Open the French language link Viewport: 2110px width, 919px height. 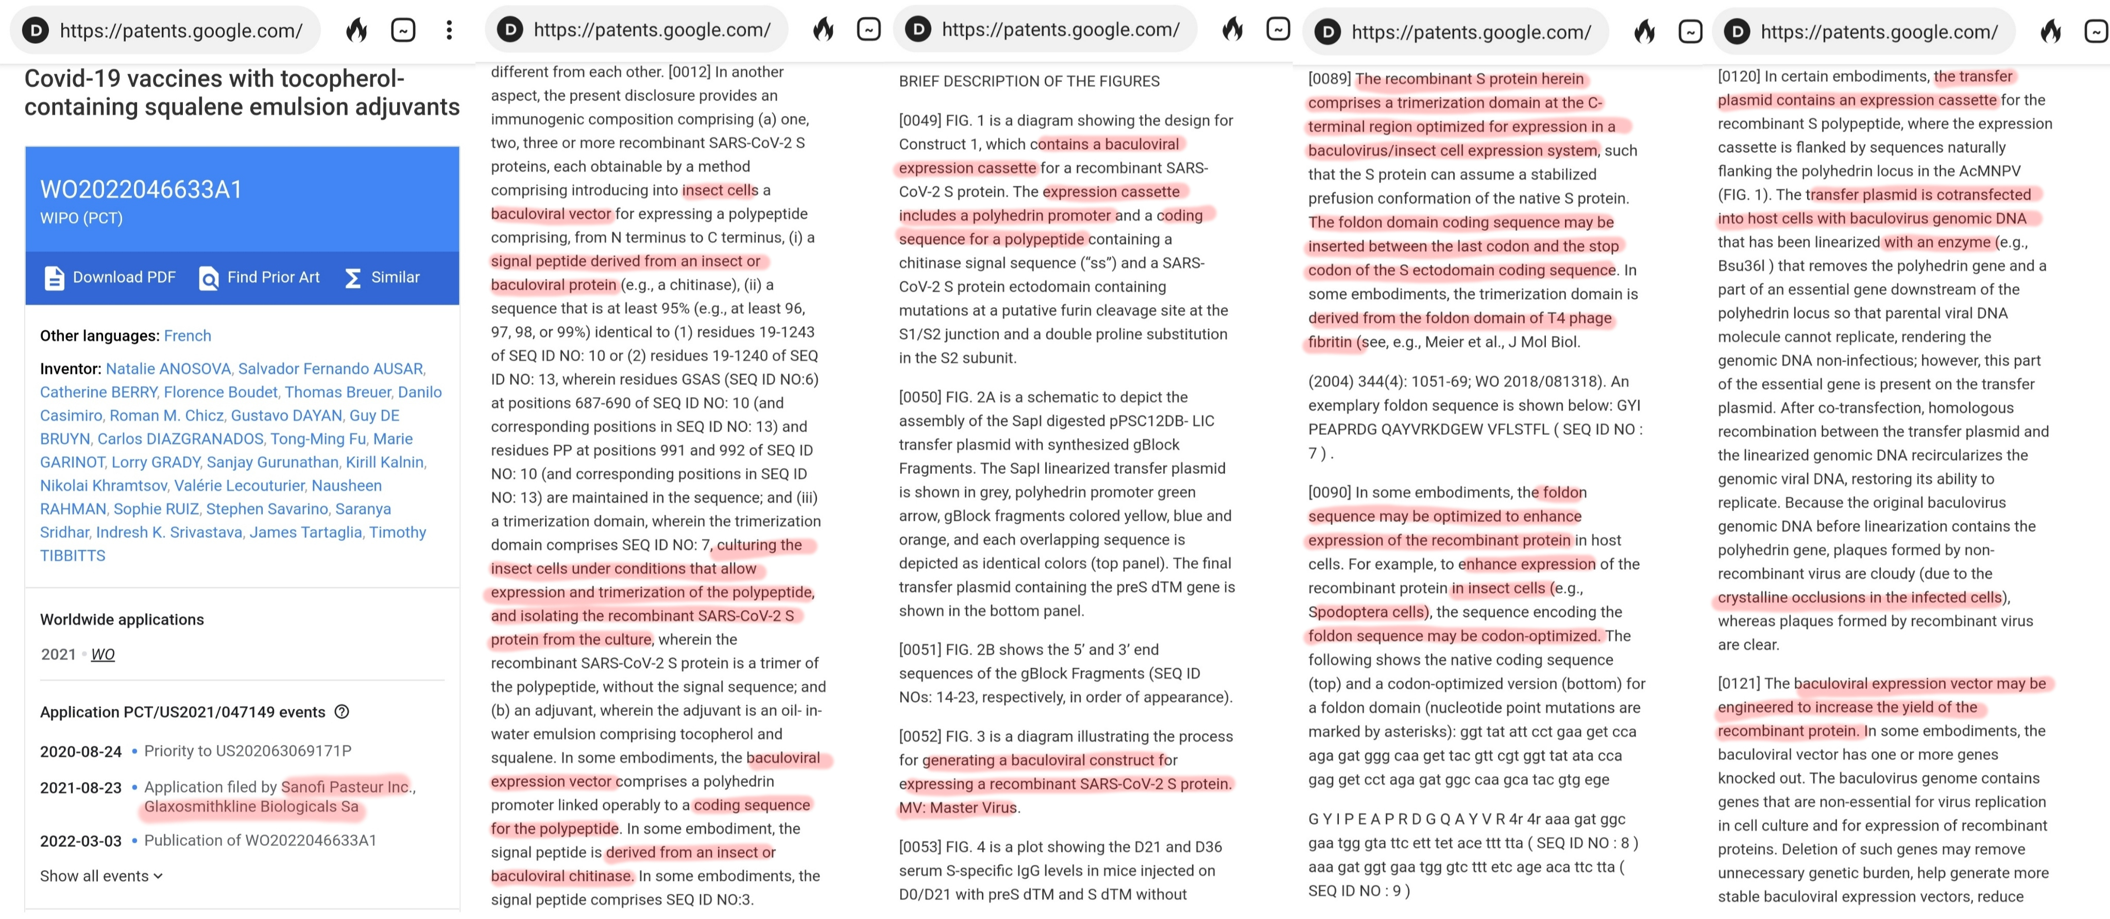click(187, 336)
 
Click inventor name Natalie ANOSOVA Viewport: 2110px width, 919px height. click(168, 369)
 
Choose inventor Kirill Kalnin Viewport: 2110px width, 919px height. click(384, 462)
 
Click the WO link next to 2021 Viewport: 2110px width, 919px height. click(103, 654)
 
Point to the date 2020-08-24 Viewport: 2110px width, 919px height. click(80, 751)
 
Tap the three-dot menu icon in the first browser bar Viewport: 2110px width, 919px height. click(449, 30)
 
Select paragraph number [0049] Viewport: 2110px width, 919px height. click(919, 121)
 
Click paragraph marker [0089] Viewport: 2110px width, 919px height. click(1329, 79)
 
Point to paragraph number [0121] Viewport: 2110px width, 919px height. click(1738, 683)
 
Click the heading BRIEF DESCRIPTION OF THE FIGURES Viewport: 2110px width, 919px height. click(1029, 81)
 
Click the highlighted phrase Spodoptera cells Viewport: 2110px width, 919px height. click(1366, 612)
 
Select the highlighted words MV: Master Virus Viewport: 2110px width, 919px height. click(958, 808)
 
